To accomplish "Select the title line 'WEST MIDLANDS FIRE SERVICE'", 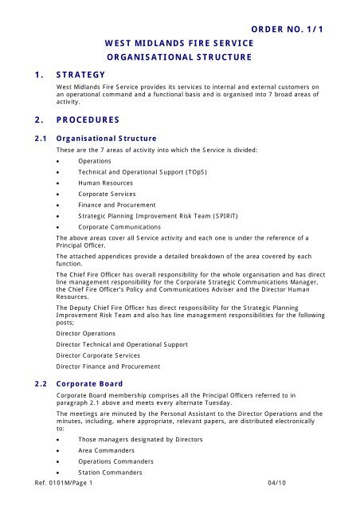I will click(x=178, y=41).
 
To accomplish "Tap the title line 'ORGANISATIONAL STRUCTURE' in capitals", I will click(x=178, y=57).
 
